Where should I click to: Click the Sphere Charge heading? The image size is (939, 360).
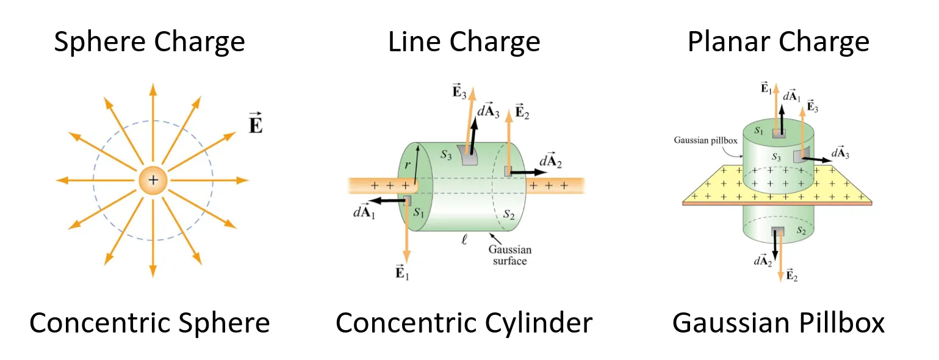(149, 43)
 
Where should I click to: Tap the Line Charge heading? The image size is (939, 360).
(464, 43)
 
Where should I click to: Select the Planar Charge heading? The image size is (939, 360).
(778, 43)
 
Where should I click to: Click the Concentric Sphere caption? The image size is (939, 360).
(149, 323)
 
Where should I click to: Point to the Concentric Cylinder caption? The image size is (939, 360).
(464, 323)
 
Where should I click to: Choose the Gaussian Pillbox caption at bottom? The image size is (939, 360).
(778, 323)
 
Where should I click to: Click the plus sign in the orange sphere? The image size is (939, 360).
(153, 181)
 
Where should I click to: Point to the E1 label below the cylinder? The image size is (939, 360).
(401, 272)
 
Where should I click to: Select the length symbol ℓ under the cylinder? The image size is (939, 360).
(464, 240)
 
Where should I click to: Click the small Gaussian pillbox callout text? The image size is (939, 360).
(706, 140)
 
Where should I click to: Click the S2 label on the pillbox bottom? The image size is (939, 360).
(802, 231)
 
